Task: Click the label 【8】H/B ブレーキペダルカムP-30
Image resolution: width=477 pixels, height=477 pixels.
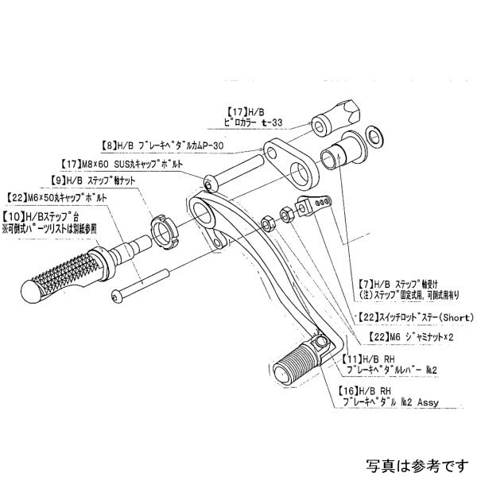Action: pyautogui.click(x=162, y=146)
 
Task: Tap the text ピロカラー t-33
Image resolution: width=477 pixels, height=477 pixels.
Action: pyautogui.click(x=254, y=123)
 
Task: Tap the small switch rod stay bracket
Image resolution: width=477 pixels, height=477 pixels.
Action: pyautogui.click(x=312, y=207)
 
